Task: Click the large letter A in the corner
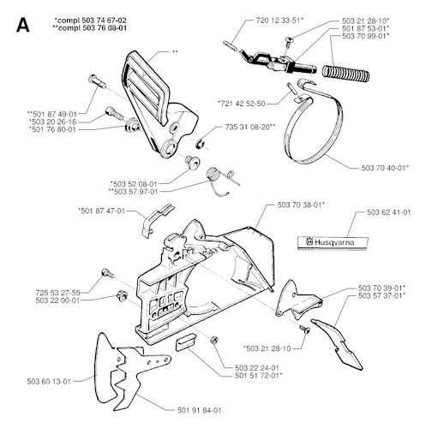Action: click(23, 25)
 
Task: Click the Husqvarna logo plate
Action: click(333, 243)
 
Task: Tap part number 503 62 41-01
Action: click(388, 212)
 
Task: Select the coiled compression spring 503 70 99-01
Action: click(345, 72)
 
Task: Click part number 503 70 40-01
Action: click(385, 168)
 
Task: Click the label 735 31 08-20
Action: click(250, 127)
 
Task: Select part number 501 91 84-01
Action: click(199, 410)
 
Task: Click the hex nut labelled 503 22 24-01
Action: click(213, 340)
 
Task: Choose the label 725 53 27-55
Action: click(58, 293)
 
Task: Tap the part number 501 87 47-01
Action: click(101, 211)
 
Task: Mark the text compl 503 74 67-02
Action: click(90, 21)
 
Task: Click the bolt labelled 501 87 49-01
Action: click(98, 81)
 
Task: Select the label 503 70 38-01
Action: click(301, 205)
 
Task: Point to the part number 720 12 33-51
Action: click(279, 21)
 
